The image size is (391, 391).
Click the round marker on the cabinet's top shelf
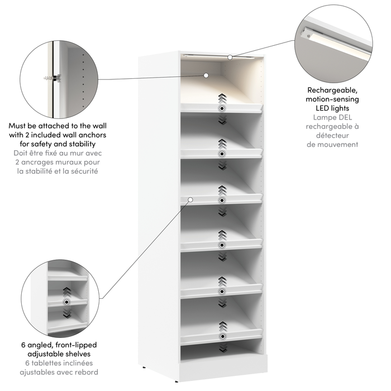pos(222,108)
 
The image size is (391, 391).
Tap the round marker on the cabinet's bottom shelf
pos(222,336)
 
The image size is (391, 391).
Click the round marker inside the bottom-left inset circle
pos(67,302)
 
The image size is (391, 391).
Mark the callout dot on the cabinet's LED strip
pos(230,57)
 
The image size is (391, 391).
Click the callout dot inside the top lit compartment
pos(206,74)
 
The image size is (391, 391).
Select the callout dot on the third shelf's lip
pos(190,199)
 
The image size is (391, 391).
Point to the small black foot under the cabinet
pos(145,368)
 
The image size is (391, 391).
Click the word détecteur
pos(332,135)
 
